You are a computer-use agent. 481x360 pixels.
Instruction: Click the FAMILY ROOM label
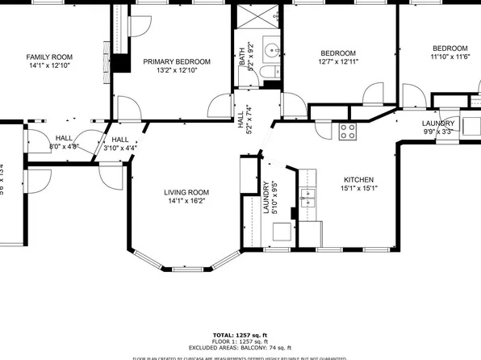tap(49, 57)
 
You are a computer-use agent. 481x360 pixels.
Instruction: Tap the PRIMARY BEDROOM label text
tap(177, 61)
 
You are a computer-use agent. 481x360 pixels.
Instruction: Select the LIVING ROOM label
tap(186, 192)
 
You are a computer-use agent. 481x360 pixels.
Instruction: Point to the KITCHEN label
tap(359, 180)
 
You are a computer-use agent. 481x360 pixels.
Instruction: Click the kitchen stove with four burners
tap(348, 132)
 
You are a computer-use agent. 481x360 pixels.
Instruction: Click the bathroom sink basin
tap(270, 47)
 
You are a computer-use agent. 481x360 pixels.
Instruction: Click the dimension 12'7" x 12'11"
tap(339, 62)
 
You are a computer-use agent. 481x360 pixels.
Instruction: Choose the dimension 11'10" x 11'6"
tap(449, 57)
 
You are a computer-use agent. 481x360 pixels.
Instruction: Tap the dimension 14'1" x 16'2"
tap(186, 202)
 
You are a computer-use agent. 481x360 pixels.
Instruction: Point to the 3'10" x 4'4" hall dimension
tap(120, 148)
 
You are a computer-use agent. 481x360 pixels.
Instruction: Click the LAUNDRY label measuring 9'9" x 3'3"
tap(439, 123)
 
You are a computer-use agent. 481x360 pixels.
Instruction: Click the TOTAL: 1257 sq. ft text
tap(240, 334)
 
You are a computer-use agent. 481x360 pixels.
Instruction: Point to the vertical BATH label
tap(240, 56)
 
